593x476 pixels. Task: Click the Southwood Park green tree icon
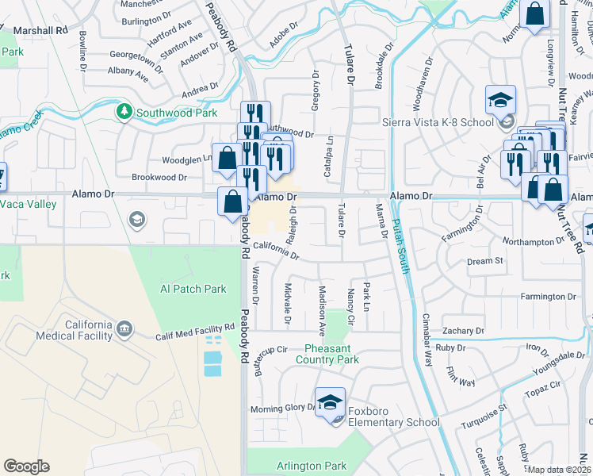(124, 112)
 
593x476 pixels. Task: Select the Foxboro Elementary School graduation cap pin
(330, 403)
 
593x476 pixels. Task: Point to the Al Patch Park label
(193, 289)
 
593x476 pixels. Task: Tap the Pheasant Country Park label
(332, 354)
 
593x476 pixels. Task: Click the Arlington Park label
(312, 466)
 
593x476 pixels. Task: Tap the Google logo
(26, 466)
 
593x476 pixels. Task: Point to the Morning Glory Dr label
(283, 408)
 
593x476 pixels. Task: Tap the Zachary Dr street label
(464, 331)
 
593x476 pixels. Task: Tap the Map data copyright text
(560, 470)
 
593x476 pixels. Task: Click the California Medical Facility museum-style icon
(124, 328)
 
